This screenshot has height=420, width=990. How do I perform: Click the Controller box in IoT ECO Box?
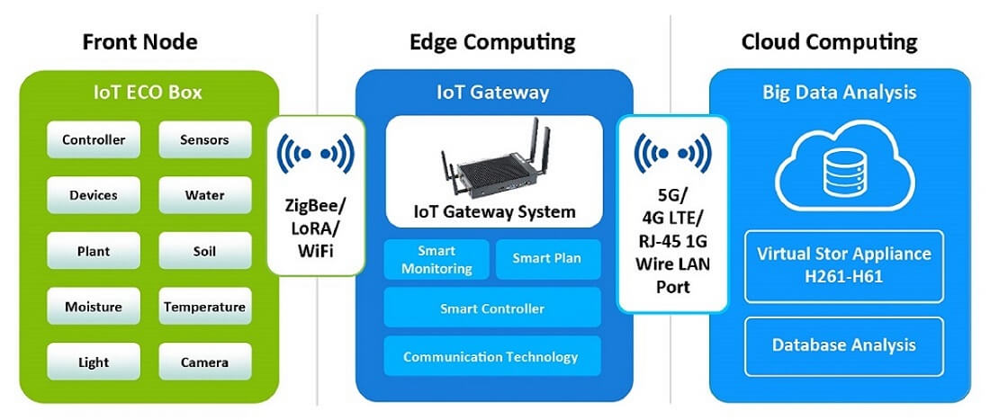tap(94, 139)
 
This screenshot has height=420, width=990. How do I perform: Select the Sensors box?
tap(205, 139)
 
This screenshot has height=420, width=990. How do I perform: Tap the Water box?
tap(205, 195)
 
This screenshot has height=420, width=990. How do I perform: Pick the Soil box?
tap(205, 251)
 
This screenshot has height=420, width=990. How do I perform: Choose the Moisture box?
tap(94, 307)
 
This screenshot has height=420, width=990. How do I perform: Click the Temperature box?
tap(205, 307)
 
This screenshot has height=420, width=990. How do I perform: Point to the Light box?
tap(94, 362)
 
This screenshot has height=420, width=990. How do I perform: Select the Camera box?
tap(205, 362)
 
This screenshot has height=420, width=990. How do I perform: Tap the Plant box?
tap(94, 251)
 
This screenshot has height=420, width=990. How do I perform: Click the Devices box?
tap(94, 195)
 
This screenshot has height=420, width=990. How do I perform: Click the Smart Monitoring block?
tap(436, 259)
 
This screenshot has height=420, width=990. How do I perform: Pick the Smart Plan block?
tap(548, 259)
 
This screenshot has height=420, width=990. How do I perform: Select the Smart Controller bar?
tap(492, 308)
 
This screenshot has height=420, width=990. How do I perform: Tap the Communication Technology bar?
tap(492, 356)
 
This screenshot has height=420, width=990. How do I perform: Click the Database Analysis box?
tap(844, 345)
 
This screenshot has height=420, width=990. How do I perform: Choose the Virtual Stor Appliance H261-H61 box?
tap(844, 265)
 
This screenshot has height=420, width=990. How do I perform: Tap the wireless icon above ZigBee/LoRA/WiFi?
tap(316, 153)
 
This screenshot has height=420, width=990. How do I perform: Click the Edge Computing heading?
tap(492, 42)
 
